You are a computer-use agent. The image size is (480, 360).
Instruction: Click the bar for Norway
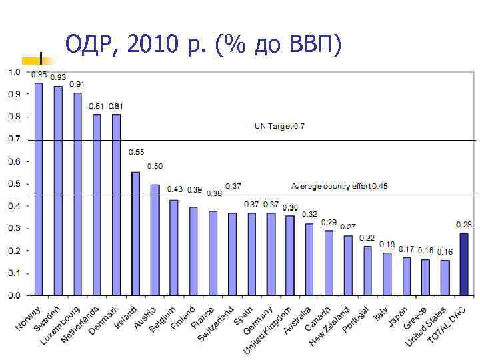39,189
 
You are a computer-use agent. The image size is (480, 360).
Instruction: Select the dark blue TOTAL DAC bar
464,263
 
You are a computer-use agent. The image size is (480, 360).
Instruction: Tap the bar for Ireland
135,233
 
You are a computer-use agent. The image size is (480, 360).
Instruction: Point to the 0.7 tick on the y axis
13,139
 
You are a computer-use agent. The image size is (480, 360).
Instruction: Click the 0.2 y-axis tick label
13,251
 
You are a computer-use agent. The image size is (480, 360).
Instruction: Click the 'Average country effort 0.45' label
339,186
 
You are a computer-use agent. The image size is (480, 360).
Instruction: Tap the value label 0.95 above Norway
39,75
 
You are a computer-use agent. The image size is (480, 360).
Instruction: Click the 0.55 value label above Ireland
136,152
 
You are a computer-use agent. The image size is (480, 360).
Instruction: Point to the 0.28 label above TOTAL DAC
463,223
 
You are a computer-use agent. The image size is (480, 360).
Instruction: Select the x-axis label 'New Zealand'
331,326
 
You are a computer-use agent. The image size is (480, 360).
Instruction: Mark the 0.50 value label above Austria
155,166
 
